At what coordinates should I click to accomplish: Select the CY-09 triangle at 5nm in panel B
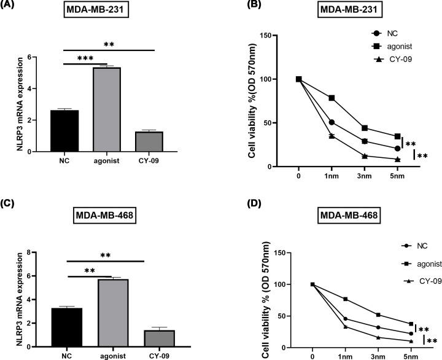click(x=398, y=159)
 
